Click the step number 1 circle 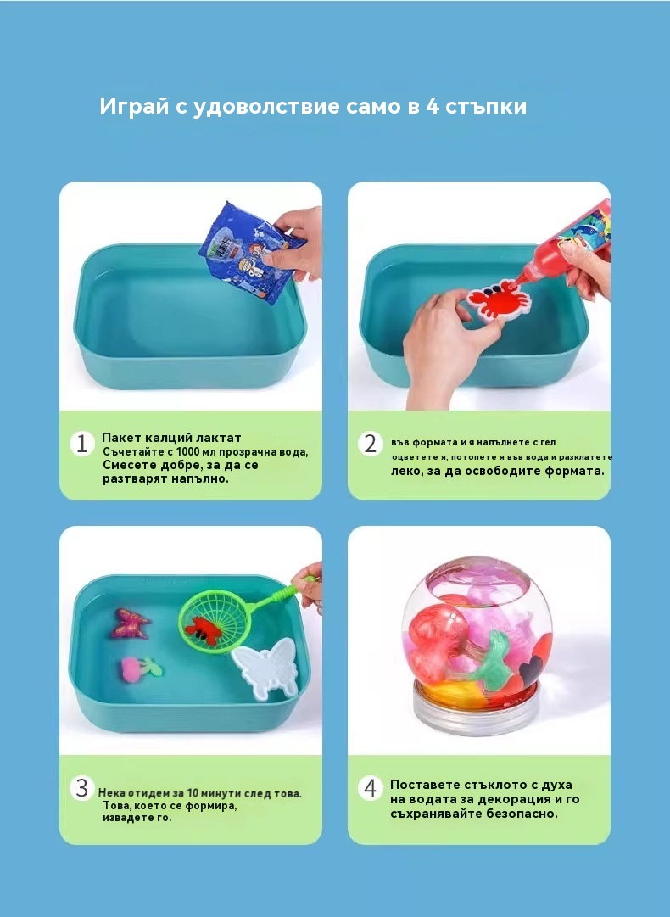(82, 444)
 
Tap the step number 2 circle (370, 444)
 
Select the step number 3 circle (82, 788)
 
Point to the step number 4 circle (370, 788)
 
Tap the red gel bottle (568, 243)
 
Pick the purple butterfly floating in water (131, 623)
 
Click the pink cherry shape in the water (140, 668)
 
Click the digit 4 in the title (432, 106)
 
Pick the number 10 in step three (193, 793)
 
